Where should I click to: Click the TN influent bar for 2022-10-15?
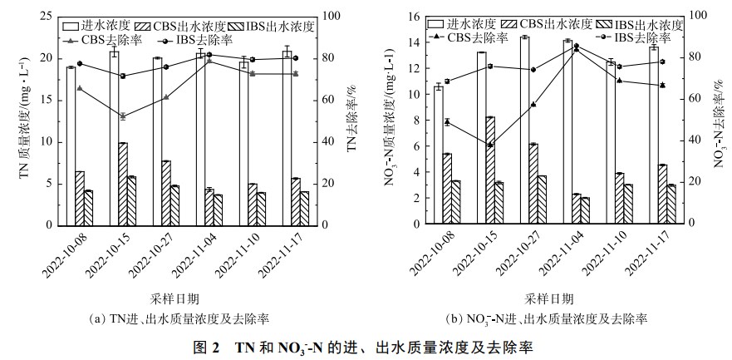[113, 138]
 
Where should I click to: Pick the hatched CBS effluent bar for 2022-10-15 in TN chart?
[123, 184]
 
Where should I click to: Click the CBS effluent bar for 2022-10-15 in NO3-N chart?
[490, 170]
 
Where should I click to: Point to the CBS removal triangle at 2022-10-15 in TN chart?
[122, 116]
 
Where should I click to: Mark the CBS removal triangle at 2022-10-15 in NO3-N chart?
[490, 145]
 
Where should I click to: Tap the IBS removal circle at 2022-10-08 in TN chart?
[80, 63]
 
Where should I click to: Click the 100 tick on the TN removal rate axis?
[327, 16]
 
